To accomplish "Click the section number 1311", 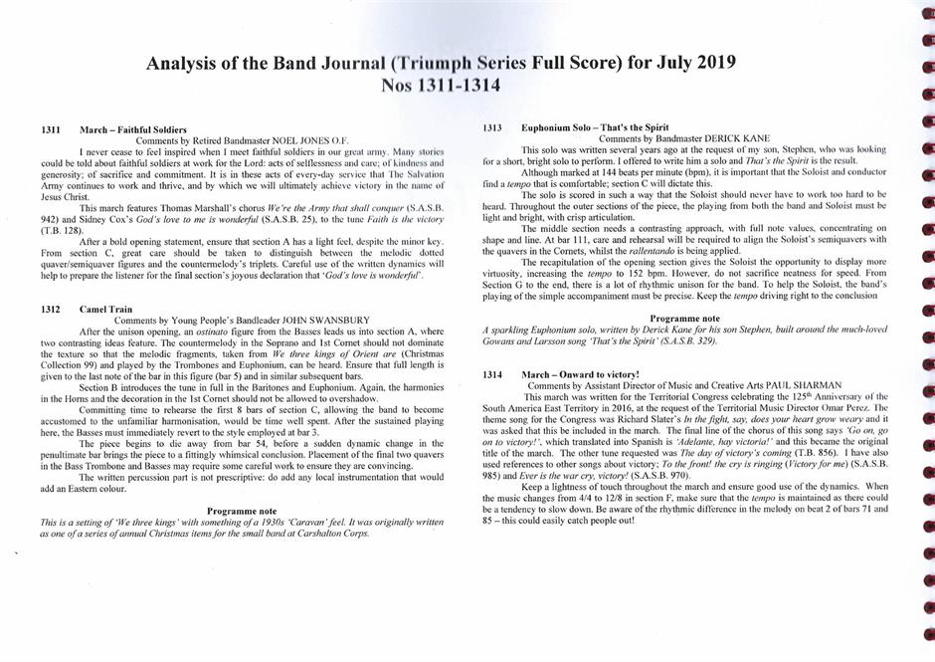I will coord(54,130).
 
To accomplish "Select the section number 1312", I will coord(54,310).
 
